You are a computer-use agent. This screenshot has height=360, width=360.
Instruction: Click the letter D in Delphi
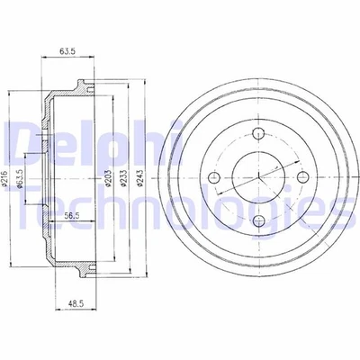point(23,141)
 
